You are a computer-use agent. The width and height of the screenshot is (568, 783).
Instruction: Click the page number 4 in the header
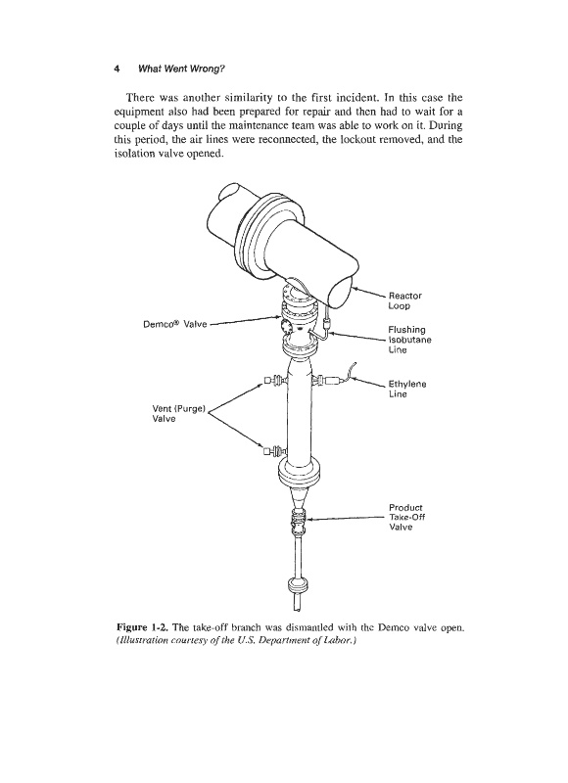117,69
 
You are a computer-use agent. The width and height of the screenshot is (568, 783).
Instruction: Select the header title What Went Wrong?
181,69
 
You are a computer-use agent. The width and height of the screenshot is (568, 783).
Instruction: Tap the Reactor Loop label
404,300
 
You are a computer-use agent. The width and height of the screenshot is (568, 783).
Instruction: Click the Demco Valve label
175,324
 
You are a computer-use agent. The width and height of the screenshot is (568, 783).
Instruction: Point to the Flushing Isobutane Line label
409,340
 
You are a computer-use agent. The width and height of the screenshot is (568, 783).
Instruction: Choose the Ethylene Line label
407,389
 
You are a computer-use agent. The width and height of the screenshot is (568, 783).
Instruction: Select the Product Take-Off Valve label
406,518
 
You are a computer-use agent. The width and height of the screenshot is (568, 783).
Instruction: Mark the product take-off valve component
299,521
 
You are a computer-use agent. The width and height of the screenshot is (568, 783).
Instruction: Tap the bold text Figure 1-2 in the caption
142,627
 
